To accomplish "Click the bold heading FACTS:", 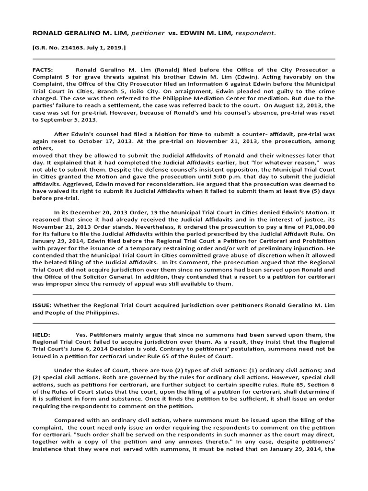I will click(x=43, y=70).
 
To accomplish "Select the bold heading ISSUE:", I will click(x=42, y=304).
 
